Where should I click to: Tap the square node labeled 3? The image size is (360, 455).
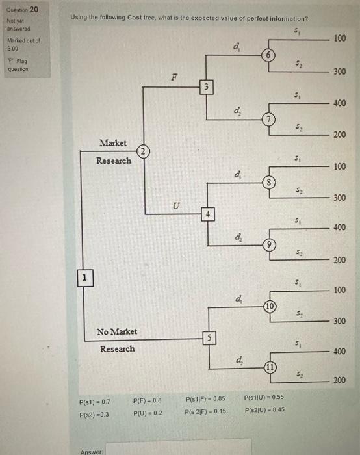pyautogui.click(x=205, y=86)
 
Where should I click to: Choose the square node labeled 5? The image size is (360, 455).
pyautogui.click(x=207, y=337)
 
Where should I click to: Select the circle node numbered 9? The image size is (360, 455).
pyautogui.click(x=268, y=244)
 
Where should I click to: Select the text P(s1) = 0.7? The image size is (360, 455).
pyautogui.click(x=94, y=403)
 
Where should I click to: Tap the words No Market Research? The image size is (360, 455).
pyautogui.click(x=118, y=340)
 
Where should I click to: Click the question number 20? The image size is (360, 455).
pyautogui.click(x=34, y=9)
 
